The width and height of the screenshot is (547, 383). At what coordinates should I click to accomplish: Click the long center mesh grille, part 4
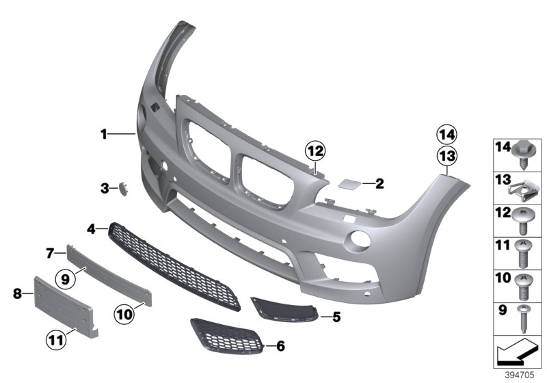pos(178,267)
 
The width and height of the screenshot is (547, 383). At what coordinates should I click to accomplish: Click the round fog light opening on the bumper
pos(356,240)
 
